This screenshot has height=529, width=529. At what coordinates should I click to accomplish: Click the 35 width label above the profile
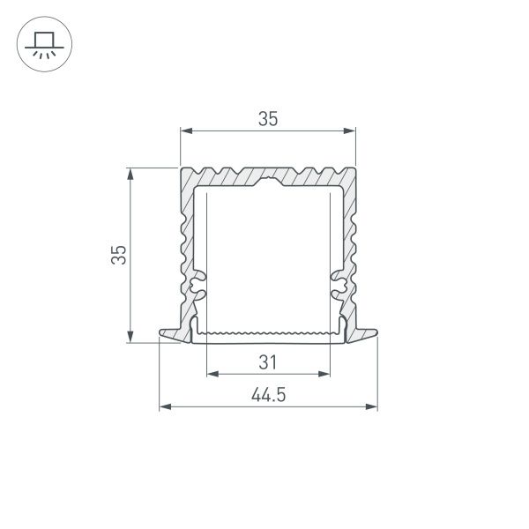[268, 119]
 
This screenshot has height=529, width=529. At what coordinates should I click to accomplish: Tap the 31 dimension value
[268, 361]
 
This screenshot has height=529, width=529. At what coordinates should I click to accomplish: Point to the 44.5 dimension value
[268, 396]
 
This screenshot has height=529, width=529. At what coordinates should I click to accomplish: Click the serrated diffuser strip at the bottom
[268, 332]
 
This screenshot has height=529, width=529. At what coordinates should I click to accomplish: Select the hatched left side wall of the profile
[186, 238]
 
